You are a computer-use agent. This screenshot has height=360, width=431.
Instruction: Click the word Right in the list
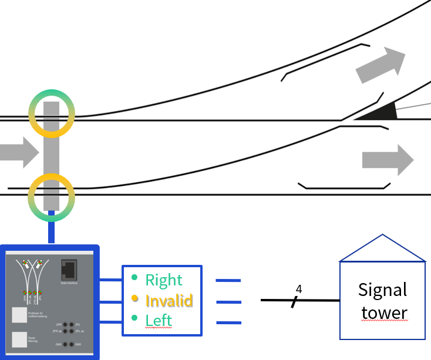[x=164, y=280]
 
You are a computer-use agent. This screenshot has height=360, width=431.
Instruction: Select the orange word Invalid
[x=169, y=301]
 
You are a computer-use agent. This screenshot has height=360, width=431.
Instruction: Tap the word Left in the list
[x=159, y=320]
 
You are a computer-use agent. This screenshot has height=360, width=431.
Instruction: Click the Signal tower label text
[x=382, y=301]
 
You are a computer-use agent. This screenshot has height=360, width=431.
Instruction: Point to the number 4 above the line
[x=298, y=289]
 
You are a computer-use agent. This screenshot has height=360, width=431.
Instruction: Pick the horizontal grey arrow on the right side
[x=388, y=160]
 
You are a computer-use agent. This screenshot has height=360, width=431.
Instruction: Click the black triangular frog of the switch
[x=379, y=112]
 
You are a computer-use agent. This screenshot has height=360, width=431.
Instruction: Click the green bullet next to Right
[x=135, y=277]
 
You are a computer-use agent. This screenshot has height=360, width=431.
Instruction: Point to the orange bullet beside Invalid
[x=135, y=299]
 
